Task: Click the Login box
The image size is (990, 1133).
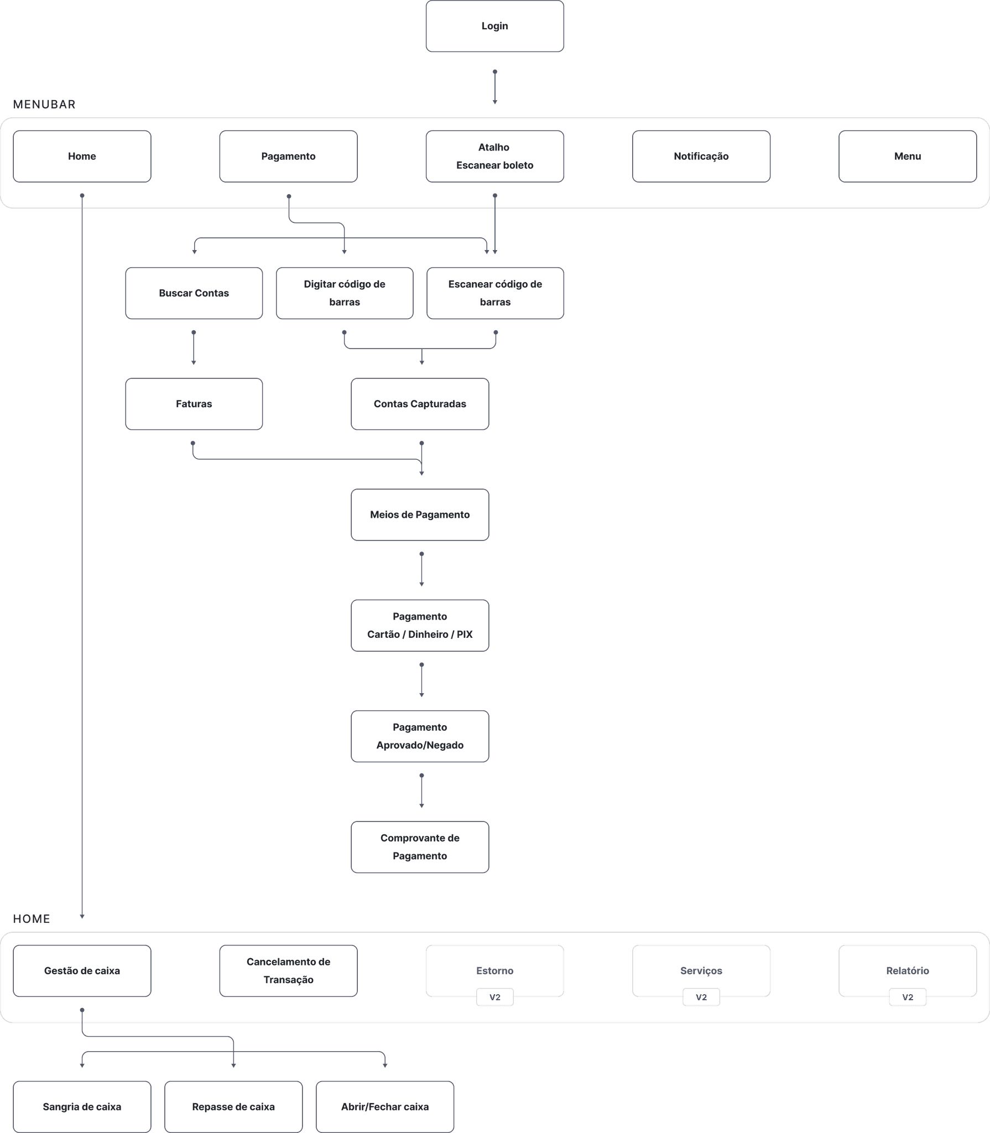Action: (x=494, y=26)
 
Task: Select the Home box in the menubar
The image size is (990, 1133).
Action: (x=82, y=156)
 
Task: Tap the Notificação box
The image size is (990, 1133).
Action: (x=701, y=156)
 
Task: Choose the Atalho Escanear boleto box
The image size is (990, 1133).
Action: (x=494, y=156)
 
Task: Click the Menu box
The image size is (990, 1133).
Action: (x=907, y=156)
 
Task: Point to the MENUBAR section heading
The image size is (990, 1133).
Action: (x=44, y=105)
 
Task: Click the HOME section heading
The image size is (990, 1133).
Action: (x=32, y=919)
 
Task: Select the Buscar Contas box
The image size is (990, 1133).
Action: (x=194, y=293)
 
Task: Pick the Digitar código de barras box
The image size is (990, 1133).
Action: (x=344, y=293)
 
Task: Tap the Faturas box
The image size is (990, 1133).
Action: (x=194, y=404)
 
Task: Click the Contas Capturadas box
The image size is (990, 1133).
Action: (x=419, y=404)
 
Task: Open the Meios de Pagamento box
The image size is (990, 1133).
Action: (x=419, y=514)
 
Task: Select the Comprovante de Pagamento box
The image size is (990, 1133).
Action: (x=419, y=847)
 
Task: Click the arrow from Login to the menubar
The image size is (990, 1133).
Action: (x=494, y=87)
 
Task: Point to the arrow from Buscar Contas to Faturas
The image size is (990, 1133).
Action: (x=193, y=347)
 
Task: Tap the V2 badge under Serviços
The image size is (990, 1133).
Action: (x=701, y=997)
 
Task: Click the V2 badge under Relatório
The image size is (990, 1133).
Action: (x=907, y=997)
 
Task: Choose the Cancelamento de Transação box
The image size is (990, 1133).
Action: (x=288, y=970)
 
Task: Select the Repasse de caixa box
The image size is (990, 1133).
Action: (x=233, y=1106)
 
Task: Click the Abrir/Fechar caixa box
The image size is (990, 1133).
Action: (x=384, y=1106)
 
